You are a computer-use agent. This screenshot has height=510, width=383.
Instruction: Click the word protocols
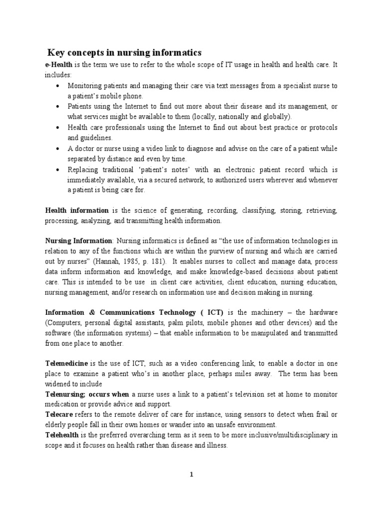[x=319, y=127]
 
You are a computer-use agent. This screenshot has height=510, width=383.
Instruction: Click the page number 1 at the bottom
[x=191, y=474]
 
